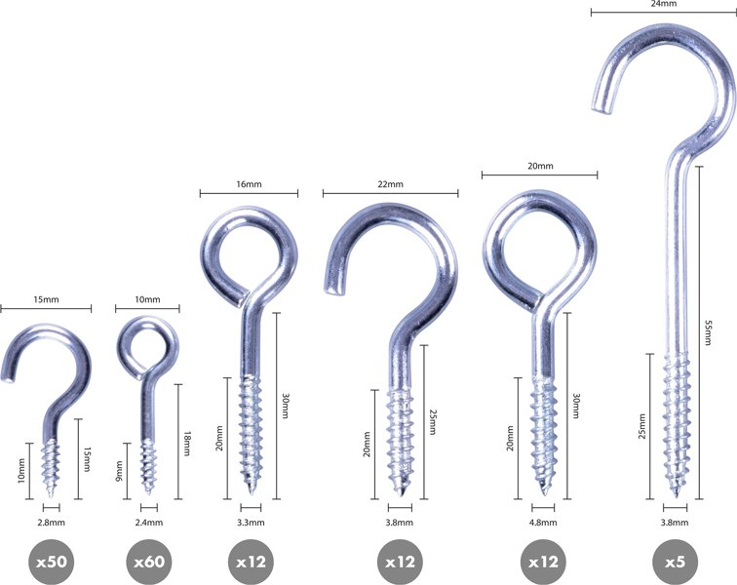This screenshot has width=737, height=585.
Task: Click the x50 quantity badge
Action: (52, 562)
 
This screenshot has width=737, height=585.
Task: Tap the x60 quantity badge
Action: (149, 562)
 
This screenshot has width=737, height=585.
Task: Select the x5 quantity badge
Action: (675, 562)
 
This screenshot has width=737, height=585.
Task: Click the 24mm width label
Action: (664, 4)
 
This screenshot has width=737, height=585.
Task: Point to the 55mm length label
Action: (708, 332)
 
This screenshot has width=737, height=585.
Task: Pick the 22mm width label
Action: (390, 184)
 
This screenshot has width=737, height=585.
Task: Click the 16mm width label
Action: (249, 184)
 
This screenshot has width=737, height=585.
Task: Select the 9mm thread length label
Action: (119, 471)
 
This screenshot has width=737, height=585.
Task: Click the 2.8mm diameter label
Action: (52, 523)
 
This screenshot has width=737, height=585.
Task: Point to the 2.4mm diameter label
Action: (149, 523)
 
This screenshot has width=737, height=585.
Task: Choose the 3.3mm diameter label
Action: (251, 523)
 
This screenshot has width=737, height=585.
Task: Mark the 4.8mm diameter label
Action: (543, 523)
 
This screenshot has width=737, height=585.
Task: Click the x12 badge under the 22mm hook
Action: (400, 562)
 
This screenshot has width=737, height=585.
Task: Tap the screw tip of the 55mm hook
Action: (676, 494)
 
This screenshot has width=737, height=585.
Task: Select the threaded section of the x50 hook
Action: (51, 468)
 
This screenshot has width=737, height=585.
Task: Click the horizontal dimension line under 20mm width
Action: (540, 175)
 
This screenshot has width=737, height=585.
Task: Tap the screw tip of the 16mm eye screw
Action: (252, 491)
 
